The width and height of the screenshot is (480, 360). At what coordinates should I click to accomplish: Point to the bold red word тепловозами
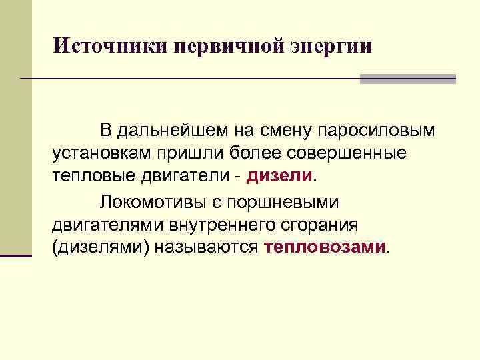click(x=325, y=247)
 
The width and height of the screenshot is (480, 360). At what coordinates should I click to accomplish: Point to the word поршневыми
click(x=288, y=201)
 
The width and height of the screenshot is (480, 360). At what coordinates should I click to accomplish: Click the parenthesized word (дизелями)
click(x=100, y=247)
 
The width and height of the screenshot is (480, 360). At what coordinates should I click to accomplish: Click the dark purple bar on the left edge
click(x=16, y=255)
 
